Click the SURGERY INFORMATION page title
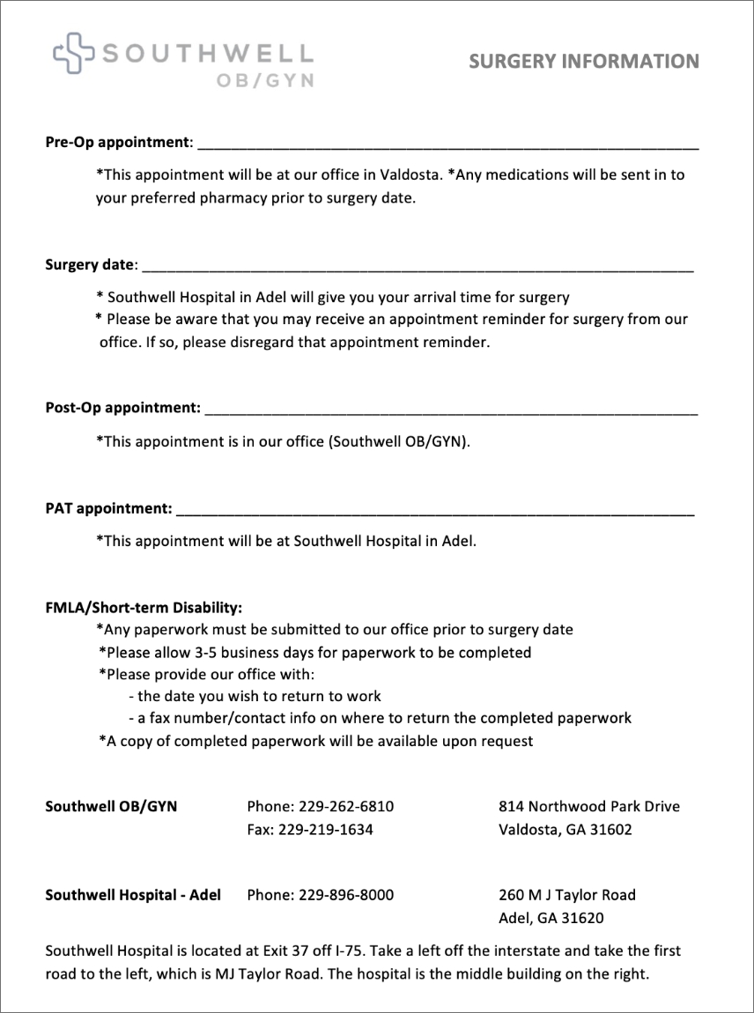[x=583, y=61]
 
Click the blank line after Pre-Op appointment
[x=447, y=144]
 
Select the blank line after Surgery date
[x=417, y=265]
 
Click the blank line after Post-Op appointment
[x=450, y=409]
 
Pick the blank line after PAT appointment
[x=434, y=509]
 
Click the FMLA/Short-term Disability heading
[x=144, y=608]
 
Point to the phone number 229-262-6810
[x=346, y=806]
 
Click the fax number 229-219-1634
[x=325, y=829]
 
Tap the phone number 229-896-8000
[x=346, y=895]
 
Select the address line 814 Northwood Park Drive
[x=588, y=806]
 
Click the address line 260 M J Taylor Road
[x=566, y=895]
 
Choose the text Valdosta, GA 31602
[x=565, y=829]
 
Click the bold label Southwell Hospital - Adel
[x=133, y=895]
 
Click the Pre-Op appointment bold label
[x=117, y=142]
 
